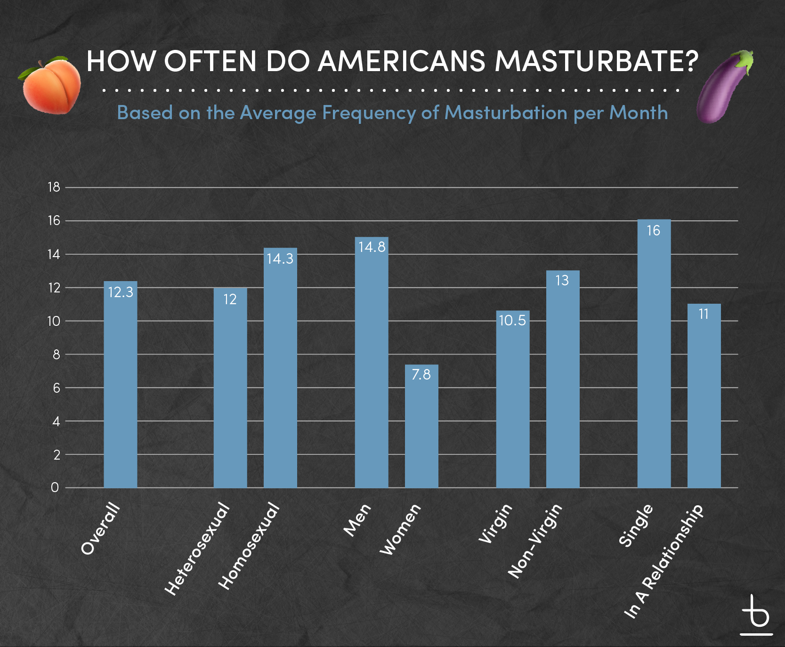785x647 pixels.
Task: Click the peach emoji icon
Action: point(49,85)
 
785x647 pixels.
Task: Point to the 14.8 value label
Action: point(372,247)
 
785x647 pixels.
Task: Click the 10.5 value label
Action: point(512,321)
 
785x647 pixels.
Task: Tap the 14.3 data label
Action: point(280,259)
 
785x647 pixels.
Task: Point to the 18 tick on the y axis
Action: point(54,187)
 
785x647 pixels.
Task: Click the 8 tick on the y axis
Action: point(57,355)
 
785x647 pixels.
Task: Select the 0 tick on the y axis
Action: point(55,488)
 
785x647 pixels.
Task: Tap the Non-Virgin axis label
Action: point(535,541)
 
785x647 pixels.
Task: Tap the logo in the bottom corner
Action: point(756,615)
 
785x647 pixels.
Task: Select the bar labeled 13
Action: point(563,379)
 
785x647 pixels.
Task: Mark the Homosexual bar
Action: point(280,368)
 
